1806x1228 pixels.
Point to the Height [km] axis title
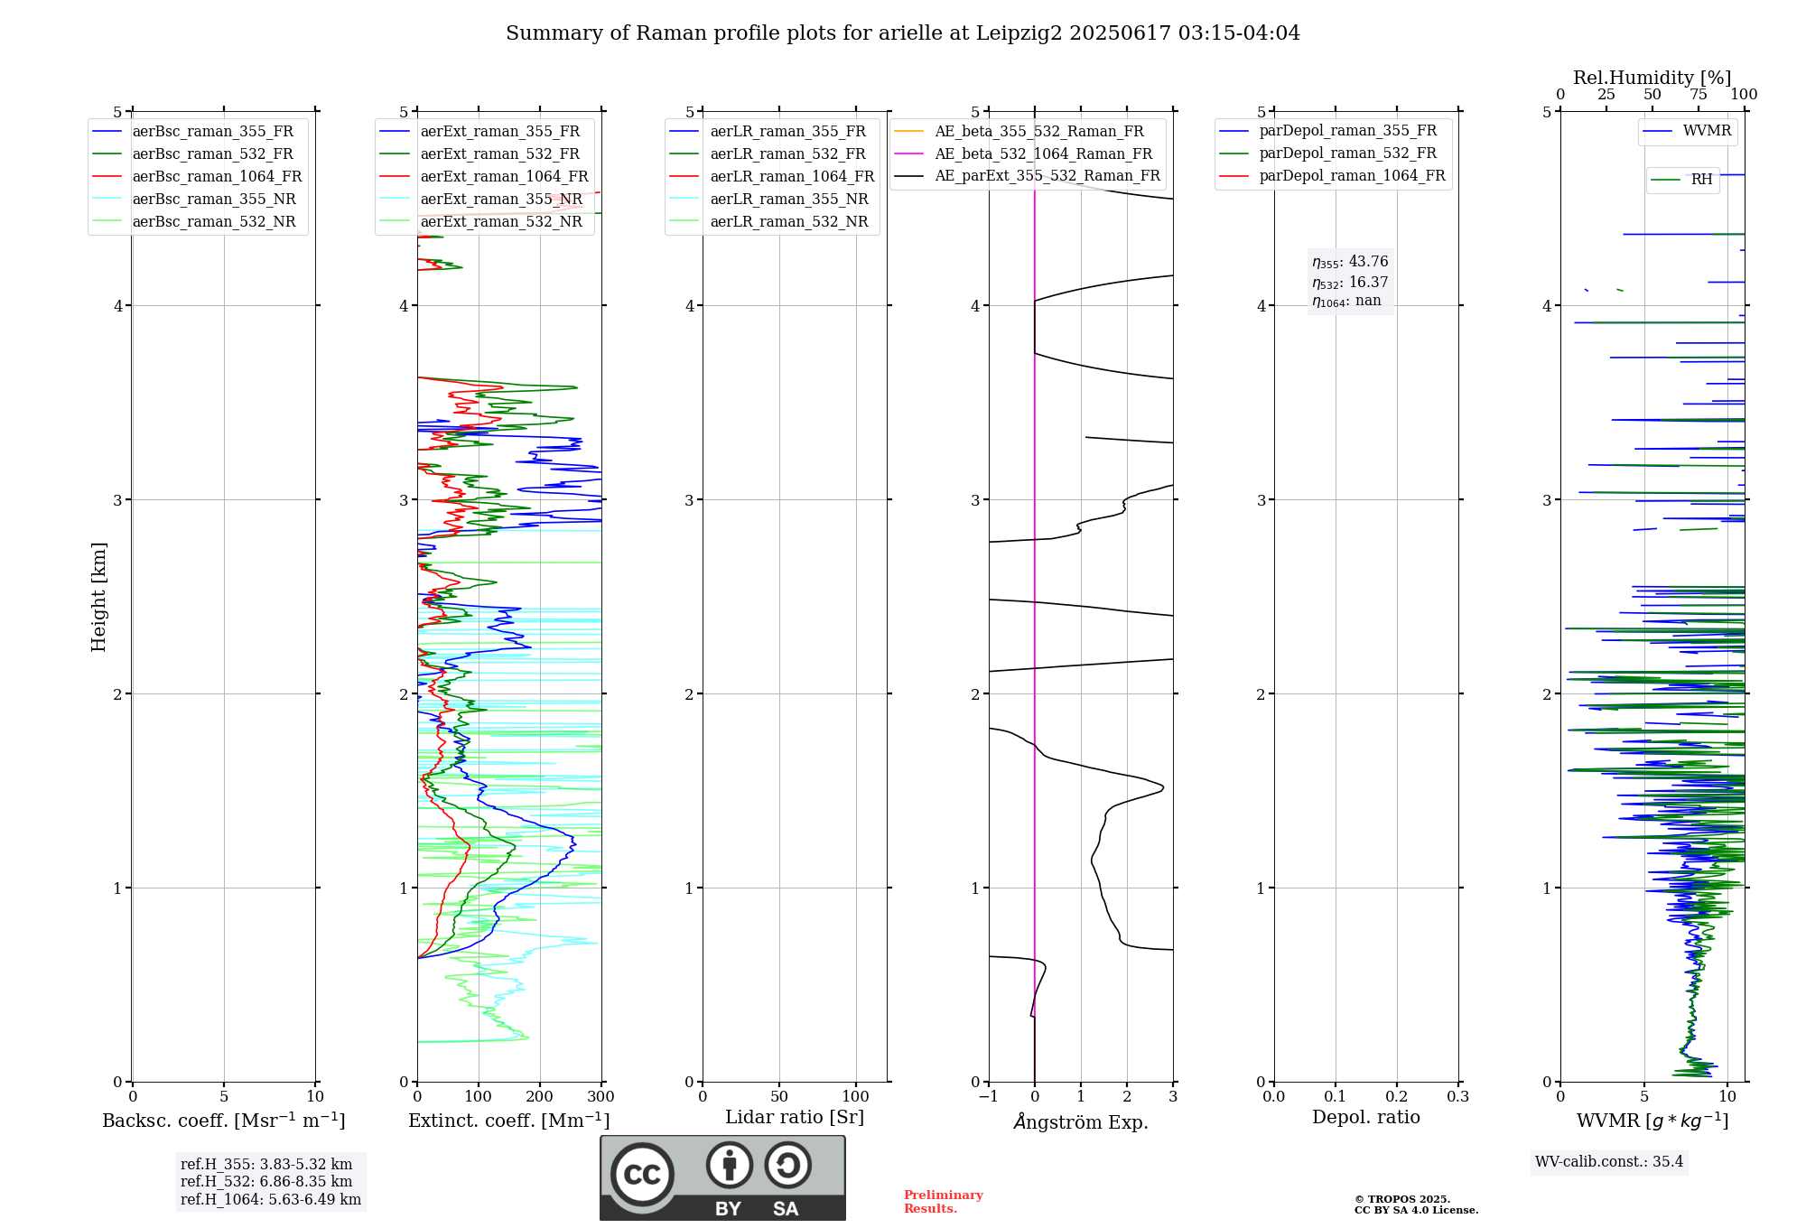(x=99, y=597)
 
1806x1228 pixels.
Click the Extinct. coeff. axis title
(x=509, y=1121)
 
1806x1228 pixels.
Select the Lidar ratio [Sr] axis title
(x=795, y=1118)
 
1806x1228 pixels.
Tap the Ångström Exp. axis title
(x=1081, y=1121)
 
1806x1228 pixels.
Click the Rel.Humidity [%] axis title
(x=1652, y=78)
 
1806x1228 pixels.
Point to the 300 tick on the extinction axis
(x=601, y=1097)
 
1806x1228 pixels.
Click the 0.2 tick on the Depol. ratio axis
(x=1397, y=1097)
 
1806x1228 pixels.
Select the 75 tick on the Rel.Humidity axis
(x=1699, y=95)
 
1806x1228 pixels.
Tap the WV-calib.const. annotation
(x=1609, y=1162)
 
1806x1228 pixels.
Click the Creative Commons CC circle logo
(x=643, y=1174)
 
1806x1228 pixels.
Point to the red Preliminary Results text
(x=944, y=1202)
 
